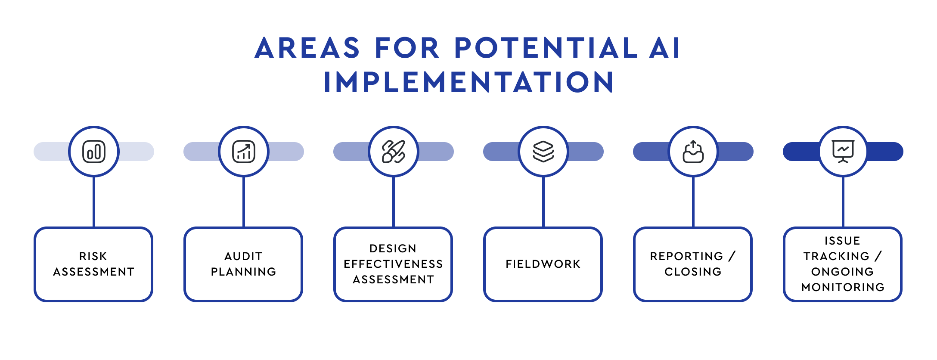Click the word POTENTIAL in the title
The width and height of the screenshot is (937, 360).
[546, 47]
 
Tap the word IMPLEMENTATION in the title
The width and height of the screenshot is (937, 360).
[469, 82]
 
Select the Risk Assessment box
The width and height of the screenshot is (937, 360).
[93, 264]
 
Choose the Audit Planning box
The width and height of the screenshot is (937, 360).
[243, 264]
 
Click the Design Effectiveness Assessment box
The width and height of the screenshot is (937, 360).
[393, 264]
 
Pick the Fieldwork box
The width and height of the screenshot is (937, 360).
[543, 264]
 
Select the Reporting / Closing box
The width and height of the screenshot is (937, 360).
[693, 264]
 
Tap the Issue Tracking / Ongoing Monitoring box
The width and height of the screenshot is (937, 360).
[843, 264]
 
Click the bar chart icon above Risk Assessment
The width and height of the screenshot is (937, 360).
[94, 152]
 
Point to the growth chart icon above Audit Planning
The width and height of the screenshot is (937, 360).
[244, 152]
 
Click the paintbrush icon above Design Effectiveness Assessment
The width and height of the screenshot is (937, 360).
[394, 152]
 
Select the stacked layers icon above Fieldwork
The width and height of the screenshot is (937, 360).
[543, 152]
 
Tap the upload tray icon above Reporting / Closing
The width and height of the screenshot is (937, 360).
[693, 152]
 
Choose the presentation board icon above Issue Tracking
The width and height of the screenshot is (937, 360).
[843, 152]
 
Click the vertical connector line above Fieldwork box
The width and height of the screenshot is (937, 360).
[543, 202]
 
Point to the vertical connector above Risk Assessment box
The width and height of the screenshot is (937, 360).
[94, 202]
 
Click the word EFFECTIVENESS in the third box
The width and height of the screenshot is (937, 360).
[393, 264]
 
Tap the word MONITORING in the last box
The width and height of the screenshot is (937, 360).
[843, 287]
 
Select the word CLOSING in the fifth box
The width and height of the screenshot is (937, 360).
[693, 272]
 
